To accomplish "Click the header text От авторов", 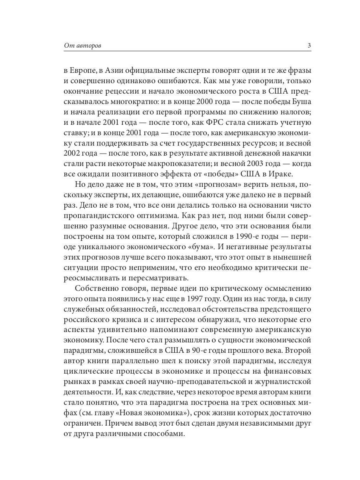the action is [x=83, y=46].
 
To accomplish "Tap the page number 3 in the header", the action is [x=309, y=46].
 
